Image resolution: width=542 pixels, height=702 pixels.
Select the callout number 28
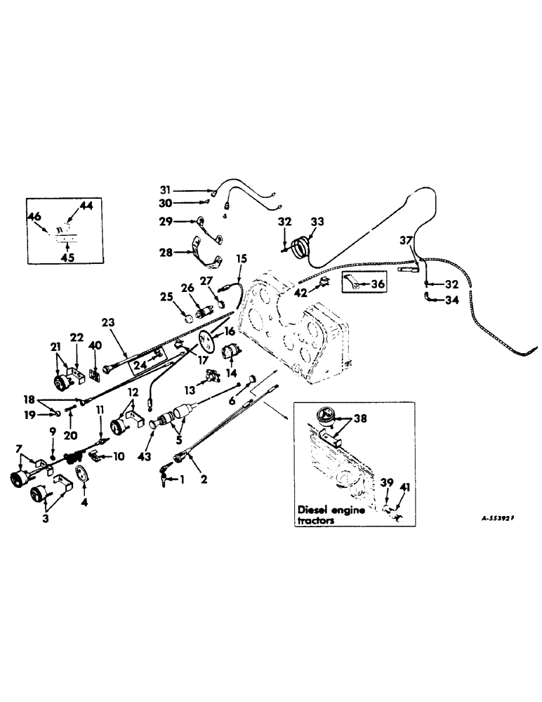(166, 251)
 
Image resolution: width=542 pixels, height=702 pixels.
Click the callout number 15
(242, 259)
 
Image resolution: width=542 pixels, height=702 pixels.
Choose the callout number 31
(165, 190)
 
